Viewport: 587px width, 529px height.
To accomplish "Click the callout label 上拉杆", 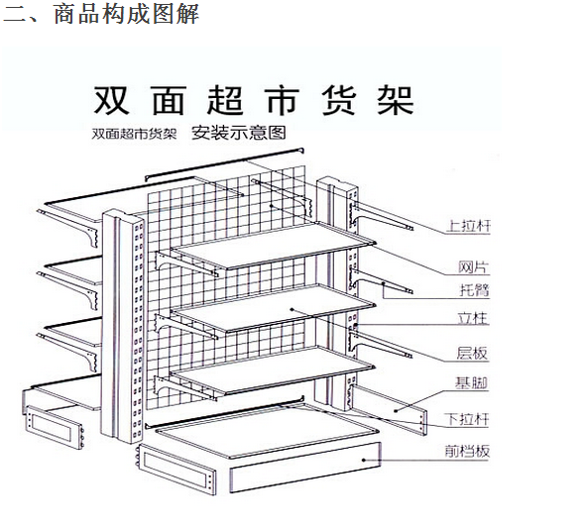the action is (x=468, y=226).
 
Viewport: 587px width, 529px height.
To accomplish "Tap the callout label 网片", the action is (x=474, y=267).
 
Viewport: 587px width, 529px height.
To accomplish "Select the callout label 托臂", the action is (x=475, y=290).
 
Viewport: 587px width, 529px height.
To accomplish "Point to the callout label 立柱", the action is (x=473, y=318).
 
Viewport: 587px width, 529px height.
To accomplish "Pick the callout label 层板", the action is (x=472, y=354).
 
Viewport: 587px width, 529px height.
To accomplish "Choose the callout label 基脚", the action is (x=472, y=383).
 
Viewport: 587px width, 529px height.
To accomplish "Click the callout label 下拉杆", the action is (x=467, y=419).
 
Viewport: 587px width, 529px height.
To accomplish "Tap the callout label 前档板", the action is (x=467, y=451).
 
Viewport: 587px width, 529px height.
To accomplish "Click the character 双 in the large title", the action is (x=111, y=100).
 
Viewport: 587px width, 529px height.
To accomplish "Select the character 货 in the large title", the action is (x=339, y=100).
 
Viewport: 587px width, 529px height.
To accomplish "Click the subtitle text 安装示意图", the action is (x=239, y=133).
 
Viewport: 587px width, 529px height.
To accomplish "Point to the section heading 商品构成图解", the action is (x=127, y=14).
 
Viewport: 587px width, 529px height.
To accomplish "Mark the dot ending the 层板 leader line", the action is (x=292, y=309).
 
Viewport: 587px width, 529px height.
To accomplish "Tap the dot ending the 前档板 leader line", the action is (x=364, y=460).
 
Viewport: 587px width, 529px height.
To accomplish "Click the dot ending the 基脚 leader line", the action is (x=396, y=410).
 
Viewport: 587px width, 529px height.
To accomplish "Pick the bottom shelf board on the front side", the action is (x=273, y=370).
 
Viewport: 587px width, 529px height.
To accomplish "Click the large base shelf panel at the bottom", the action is (x=267, y=430).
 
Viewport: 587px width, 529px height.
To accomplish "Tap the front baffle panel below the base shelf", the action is (x=305, y=468).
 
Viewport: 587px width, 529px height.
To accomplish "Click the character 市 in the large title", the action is (x=282, y=100).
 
